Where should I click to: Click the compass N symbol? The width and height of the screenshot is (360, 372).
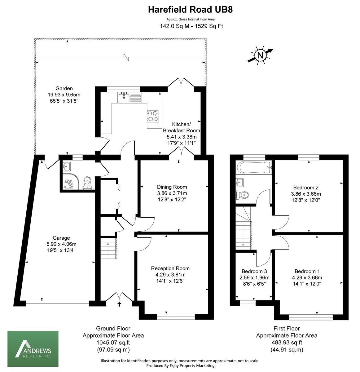(x=260, y=55)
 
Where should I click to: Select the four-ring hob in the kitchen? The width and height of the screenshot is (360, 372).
(x=153, y=116)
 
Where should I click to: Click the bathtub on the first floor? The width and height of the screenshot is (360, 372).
(x=253, y=168)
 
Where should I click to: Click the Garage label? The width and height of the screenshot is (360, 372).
(x=61, y=238)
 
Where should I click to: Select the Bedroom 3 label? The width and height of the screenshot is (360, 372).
(x=254, y=272)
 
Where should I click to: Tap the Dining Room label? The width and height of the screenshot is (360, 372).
(x=172, y=187)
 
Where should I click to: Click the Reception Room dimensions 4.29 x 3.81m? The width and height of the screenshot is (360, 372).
(x=170, y=275)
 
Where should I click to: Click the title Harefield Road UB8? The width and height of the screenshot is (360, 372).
(x=190, y=10)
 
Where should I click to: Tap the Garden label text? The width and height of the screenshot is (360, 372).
(x=64, y=88)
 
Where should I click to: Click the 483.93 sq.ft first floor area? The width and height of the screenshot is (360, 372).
(x=287, y=343)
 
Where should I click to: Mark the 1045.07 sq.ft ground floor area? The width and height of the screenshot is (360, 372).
(x=113, y=343)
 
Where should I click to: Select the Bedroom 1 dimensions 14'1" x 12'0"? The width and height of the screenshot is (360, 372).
(x=307, y=284)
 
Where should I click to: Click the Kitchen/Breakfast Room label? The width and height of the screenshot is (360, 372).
(x=182, y=127)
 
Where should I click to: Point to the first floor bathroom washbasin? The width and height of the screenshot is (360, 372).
(x=240, y=181)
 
